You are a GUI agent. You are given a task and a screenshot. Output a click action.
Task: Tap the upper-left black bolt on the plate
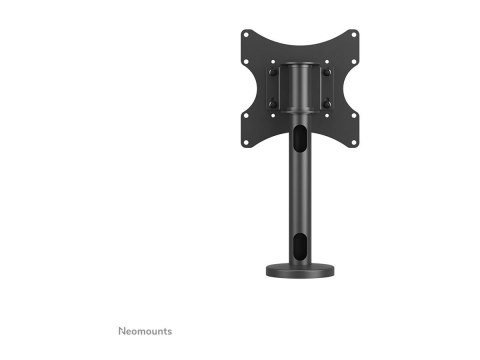tap(272, 72)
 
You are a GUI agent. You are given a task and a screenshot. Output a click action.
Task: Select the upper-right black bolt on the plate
tap(328, 72)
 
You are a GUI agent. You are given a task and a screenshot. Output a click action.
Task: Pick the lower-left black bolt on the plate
tap(272, 104)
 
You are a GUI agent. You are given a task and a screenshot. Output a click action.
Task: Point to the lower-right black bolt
tap(328, 104)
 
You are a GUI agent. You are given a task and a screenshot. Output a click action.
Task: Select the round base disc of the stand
tap(300, 271)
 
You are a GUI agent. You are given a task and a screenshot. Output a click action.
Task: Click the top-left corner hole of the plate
tap(246, 34)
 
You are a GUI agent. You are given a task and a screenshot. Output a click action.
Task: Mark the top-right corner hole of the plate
tap(354, 34)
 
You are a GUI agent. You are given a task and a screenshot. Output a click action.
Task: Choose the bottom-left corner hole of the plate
tap(246, 142)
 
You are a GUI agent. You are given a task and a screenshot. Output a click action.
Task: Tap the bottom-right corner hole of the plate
tap(354, 142)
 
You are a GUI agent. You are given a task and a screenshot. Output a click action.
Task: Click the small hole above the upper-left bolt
tap(272, 62)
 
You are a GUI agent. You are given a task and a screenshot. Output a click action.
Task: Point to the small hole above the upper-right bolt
tap(328, 62)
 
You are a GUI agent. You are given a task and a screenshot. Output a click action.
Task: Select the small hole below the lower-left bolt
tap(272, 115)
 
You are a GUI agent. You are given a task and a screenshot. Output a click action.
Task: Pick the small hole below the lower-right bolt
tap(328, 115)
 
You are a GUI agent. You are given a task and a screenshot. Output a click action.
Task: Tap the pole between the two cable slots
tap(300, 190)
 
